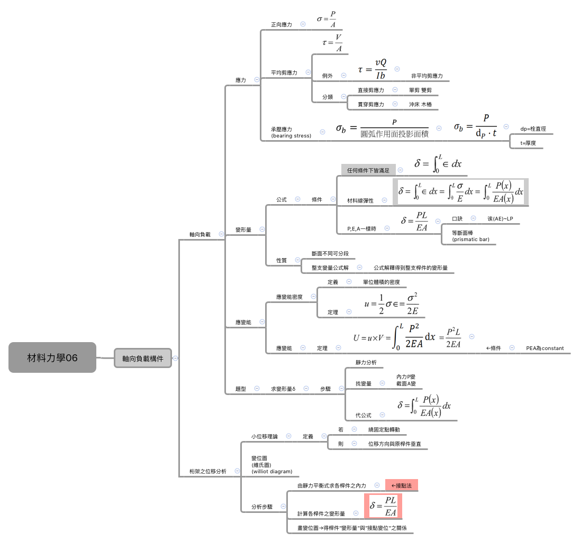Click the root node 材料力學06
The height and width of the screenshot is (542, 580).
[x=52, y=358]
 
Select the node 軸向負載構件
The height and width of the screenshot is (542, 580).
[x=143, y=359]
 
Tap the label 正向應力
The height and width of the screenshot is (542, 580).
[x=281, y=24]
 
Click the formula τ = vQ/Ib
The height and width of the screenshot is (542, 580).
[x=372, y=69]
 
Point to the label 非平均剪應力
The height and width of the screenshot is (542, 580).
[x=427, y=76]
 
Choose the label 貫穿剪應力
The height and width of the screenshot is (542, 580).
[x=370, y=105]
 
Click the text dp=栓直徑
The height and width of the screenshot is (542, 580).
[x=532, y=128]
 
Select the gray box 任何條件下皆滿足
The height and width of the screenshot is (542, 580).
[x=368, y=170]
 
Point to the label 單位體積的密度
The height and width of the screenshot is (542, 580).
[x=381, y=282]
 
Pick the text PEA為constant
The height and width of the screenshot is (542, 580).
[x=545, y=348]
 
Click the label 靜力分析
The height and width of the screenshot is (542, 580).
[x=366, y=363]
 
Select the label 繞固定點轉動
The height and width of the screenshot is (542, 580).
[x=387, y=430]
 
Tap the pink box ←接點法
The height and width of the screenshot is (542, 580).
[x=401, y=485]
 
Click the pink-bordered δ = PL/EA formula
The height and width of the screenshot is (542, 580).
[x=383, y=506]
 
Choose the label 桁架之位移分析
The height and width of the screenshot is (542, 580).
[x=208, y=471]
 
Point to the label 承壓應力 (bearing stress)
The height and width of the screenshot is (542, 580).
[x=291, y=132]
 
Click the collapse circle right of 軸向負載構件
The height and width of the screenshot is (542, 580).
[x=176, y=359]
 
